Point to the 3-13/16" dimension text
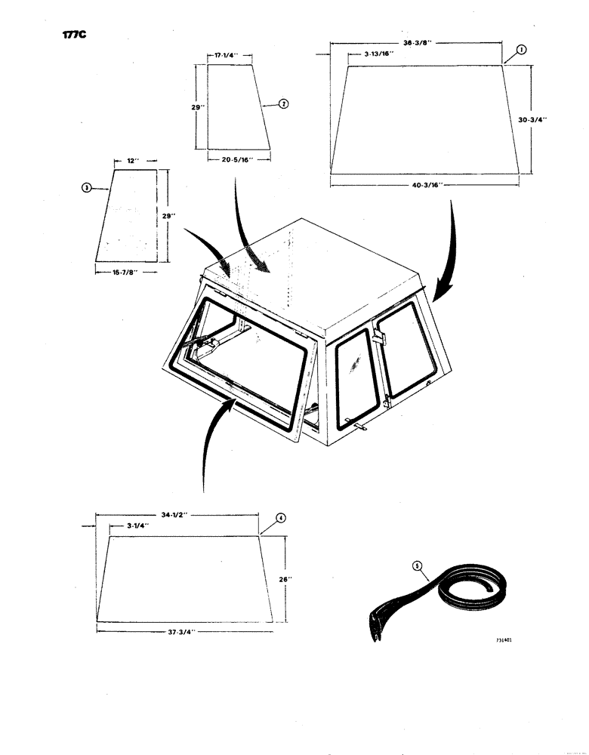pos(369,55)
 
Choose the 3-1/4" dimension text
pos(134,526)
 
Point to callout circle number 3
pos(87,187)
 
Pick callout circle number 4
pos(280,518)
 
